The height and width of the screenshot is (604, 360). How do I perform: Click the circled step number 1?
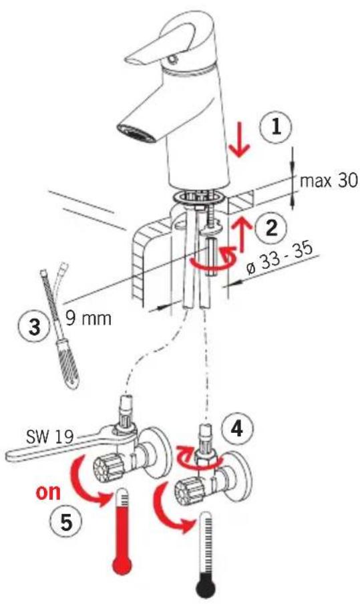pyautogui.click(x=276, y=128)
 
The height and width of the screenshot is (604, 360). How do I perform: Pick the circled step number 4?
pyautogui.click(x=237, y=428)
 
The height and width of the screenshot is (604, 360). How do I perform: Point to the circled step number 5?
pyautogui.click(x=66, y=522)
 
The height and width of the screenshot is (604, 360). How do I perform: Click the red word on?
pyautogui.click(x=49, y=492)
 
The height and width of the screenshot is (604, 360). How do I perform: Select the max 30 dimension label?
pyautogui.click(x=329, y=180)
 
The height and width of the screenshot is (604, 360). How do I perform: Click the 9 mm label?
pyautogui.click(x=87, y=318)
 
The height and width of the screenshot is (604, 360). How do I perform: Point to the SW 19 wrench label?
pyautogui.click(x=49, y=437)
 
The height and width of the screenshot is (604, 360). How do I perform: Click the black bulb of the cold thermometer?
pyautogui.click(x=206, y=589)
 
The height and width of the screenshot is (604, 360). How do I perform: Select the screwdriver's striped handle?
pyautogui.click(x=69, y=363)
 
